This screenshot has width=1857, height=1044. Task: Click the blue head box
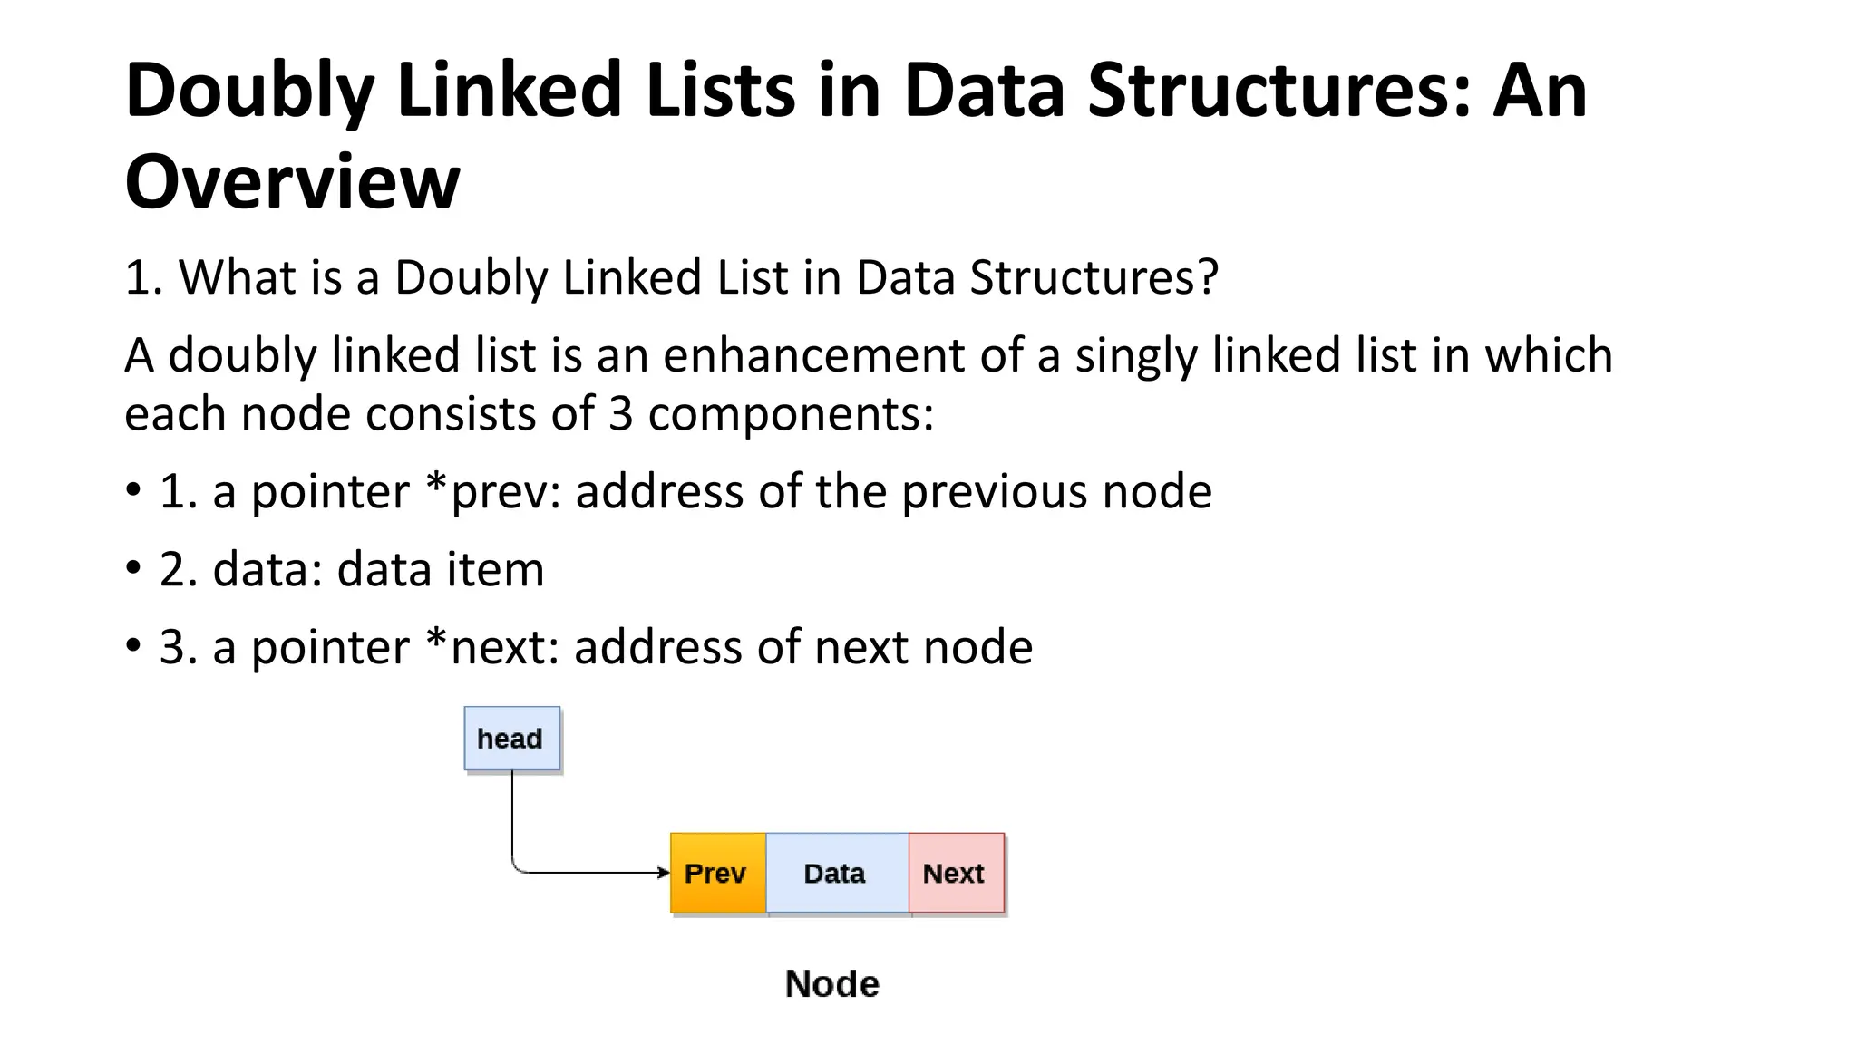click(x=511, y=739)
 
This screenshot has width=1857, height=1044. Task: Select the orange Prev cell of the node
click(x=717, y=873)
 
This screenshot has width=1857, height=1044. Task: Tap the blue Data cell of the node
click(x=836, y=873)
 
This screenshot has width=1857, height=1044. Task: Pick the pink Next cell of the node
click(x=956, y=873)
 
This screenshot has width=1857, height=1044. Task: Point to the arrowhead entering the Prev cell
click(x=665, y=873)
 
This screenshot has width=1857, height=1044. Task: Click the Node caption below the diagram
click(x=831, y=984)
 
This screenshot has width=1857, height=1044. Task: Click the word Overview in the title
click(x=292, y=181)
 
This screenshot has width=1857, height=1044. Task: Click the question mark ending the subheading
click(x=1208, y=276)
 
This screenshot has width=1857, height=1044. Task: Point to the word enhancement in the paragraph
click(x=813, y=354)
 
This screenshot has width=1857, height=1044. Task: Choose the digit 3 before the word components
click(x=620, y=414)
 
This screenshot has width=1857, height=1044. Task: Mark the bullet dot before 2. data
click(x=133, y=568)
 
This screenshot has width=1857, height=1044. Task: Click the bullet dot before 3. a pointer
click(x=133, y=646)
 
